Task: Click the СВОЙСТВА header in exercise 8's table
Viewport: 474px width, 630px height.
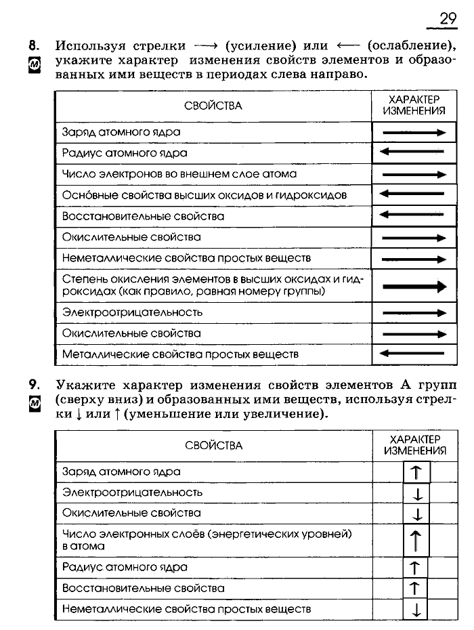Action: pyautogui.click(x=213, y=106)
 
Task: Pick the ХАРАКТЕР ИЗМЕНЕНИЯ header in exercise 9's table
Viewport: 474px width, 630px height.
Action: pyautogui.click(x=414, y=444)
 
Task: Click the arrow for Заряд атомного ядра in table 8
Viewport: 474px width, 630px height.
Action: pyautogui.click(x=414, y=133)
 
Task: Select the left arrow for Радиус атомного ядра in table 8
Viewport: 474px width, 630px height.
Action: pyautogui.click(x=414, y=153)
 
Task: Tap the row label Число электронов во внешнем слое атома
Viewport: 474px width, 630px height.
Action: pyautogui.click(x=179, y=174)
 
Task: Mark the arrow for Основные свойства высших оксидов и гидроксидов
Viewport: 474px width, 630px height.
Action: pyautogui.click(x=414, y=194)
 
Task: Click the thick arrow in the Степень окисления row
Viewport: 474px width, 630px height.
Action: pyautogui.click(x=414, y=287)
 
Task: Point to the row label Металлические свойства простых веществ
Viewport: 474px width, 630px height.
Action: pyautogui.click(x=180, y=354)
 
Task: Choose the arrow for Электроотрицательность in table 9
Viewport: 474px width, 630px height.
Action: pyautogui.click(x=417, y=493)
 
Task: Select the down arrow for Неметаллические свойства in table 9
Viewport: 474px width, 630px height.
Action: pyautogui.click(x=416, y=610)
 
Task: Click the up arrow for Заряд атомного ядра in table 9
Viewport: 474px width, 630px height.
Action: pyautogui.click(x=417, y=471)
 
